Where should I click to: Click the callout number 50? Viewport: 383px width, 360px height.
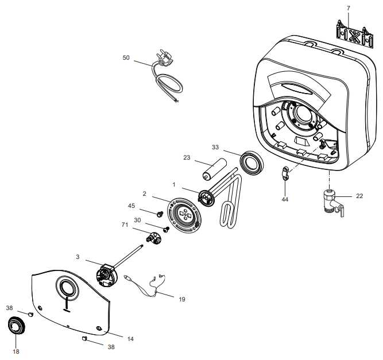[x=126, y=57]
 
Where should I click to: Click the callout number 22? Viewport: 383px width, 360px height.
[x=359, y=196]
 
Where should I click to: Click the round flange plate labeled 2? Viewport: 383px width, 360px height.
[x=185, y=214]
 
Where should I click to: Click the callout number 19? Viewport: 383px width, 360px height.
[x=182, y=299]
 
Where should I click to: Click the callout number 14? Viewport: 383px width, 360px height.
[x=130, y=339]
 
